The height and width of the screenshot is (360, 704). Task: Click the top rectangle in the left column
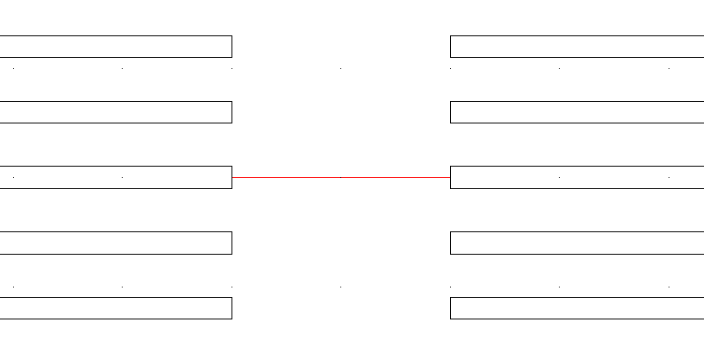(x=116, y=47)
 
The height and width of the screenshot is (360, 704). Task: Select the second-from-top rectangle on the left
(x=116, y=112)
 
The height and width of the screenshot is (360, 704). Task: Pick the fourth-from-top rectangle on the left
(x=116, y=243)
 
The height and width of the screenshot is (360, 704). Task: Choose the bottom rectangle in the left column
(x=116, y=308)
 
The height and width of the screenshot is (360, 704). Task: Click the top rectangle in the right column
(x=577, y=47)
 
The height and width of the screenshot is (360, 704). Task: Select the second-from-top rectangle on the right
(x=577, y=112)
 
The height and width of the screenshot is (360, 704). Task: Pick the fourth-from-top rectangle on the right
(x=577, y=243)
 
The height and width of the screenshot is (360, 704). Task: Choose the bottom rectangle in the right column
(x=577, y=308)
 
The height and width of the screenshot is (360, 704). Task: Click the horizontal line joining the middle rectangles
(x=341, y=177)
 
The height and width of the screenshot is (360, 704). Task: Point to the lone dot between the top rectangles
(x=341, y=68)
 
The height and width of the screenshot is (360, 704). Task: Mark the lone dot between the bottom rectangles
(x=341, y=287)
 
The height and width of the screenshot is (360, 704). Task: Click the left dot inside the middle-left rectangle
(x=14, y=178)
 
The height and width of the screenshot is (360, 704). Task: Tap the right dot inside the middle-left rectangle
(x=123, y=178)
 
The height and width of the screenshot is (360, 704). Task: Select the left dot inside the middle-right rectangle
(x=560, y=178)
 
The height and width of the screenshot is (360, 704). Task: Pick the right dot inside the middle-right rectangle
(x=669, y=178)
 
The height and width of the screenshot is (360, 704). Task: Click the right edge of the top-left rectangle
(x=231, y=47)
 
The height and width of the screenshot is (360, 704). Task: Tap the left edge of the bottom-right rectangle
(x=451, y=308)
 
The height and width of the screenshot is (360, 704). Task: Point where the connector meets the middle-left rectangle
(x=232, y=177)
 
